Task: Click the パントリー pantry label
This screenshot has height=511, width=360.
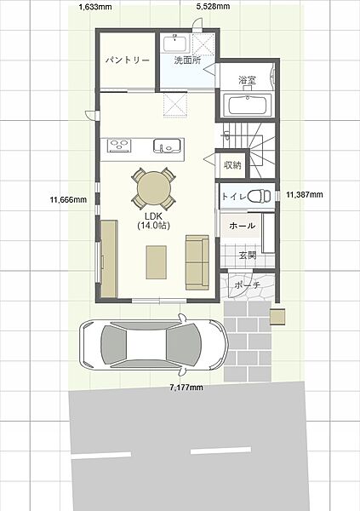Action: click(128, 60)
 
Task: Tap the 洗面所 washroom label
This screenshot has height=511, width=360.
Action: click(187, 60)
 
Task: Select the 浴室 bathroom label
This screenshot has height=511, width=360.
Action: click(247, 80)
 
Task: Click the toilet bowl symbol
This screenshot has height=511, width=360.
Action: click(260, 196)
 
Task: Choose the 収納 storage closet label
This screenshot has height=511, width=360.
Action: click(232, 165)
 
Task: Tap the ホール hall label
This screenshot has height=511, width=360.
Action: click(243, 226)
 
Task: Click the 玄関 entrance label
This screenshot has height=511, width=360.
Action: click(248, 255)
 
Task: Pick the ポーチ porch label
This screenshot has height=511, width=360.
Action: click(248, 285)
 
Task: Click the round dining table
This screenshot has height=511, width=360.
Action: click(154, 187)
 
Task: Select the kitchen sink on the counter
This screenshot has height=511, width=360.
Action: click(167, 146)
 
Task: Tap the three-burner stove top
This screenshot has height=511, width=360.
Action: click(119, 146)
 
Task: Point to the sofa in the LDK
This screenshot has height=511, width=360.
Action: click(197, 262)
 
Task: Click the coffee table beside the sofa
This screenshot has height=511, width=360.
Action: click(157, 262)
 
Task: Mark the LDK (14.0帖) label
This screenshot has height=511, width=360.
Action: click(153, 221)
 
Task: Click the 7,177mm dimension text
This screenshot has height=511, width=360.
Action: click(186, 388)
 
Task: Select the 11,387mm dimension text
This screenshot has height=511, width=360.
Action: click(305, 194)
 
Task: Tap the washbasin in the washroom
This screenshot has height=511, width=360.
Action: click(175, 43)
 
